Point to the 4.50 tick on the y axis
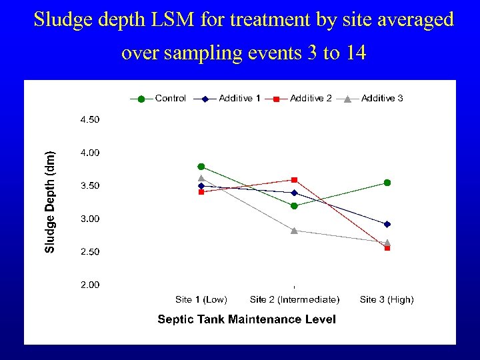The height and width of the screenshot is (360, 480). (x=90, y=120)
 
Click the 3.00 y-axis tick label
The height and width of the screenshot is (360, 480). (x=90, y=219)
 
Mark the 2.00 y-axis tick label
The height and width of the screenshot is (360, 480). (x=90, y=285)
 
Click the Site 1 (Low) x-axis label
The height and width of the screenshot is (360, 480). (x=201, y=300)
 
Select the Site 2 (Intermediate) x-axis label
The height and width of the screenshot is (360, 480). (x=294, y=300)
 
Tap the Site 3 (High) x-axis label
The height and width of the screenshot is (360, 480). (x=387, y=300)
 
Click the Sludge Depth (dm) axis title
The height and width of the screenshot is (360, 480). (x=51, y=201)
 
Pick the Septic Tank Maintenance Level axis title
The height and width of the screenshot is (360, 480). (x=247, y=319)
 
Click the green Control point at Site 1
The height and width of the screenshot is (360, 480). (x=201, y=167)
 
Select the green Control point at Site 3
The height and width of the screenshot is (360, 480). (x=387, y=183)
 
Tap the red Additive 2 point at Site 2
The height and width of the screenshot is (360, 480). (x=294, y=180)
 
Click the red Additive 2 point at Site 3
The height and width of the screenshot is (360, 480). (x=387, y=248)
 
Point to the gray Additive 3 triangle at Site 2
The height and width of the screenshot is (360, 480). (x=294, y=230)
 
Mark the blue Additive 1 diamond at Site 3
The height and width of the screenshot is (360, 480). (x=387, y=224)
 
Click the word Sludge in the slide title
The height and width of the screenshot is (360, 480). (x=61, y=20)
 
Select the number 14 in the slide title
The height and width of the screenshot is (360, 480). (x=355, y=53)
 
